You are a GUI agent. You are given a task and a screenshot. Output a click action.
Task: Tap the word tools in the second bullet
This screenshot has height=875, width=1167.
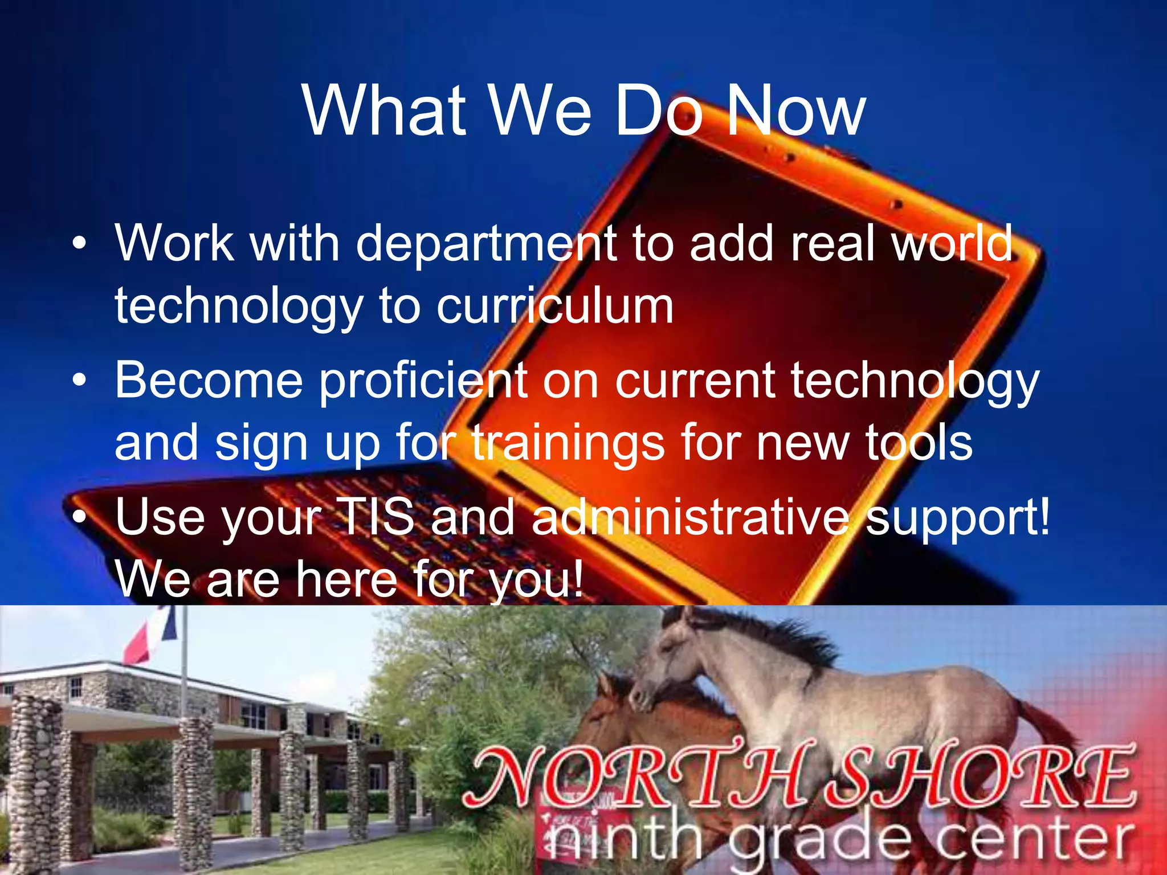click(x=919, y=443)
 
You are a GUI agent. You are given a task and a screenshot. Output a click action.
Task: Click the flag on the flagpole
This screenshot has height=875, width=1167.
click(x=149, y=636)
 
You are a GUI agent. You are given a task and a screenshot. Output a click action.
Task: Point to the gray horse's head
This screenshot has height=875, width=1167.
click(x=667, y=667)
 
